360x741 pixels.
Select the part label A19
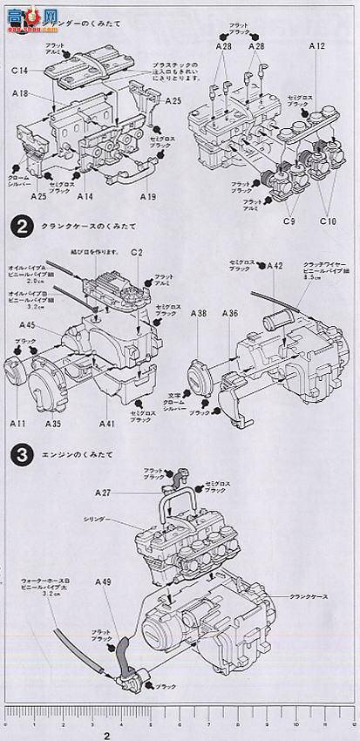click(x=147, y=197)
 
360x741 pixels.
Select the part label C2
click(x=137, y=252)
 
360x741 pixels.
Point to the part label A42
click(x=275, y=264)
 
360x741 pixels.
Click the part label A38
click(x=199, y=313)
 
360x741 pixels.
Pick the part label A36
click(x=230, y=313)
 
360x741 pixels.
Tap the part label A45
click(x=26, y=325)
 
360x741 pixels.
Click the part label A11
click(x=18, y=425)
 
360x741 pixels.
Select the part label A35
click(x=53, y=425)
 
